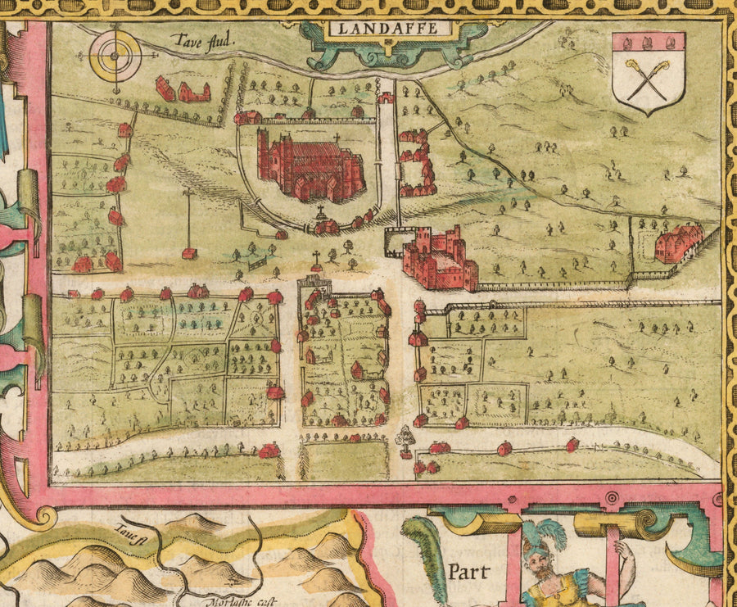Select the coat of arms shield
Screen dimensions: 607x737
coord(649,73)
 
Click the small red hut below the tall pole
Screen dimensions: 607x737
coord(188,254)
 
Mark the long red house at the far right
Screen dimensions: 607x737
coord(680,242)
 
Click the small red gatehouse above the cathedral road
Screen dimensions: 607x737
coord(385,97)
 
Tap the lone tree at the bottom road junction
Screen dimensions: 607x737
coord(405,439)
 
